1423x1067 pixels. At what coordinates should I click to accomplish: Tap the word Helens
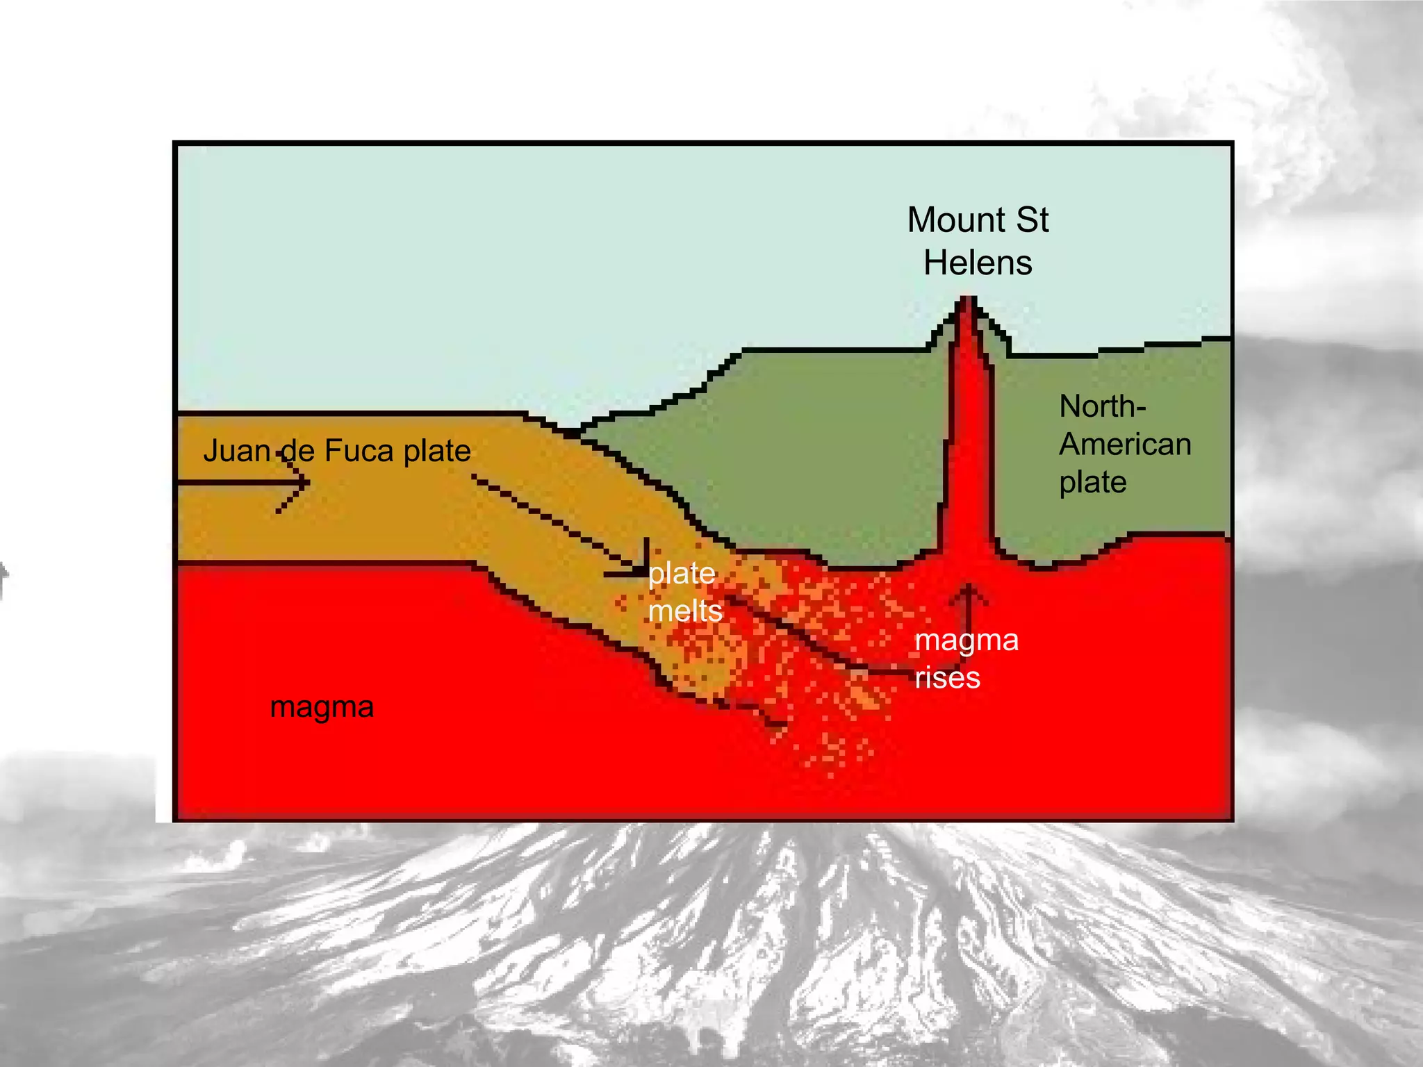pos(978,263)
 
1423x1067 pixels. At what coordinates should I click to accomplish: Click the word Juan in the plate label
pos(236,451)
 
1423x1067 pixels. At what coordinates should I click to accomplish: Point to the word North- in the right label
pos(1102,406)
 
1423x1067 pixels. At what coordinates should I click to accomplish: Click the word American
pos(1125,445)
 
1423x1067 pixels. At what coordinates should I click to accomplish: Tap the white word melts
pos(685,611)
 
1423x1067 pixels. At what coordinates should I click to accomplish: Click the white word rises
pos(947,677)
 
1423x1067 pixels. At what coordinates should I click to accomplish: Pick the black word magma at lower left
pos(322,707)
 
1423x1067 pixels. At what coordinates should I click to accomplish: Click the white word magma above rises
pos(967,640)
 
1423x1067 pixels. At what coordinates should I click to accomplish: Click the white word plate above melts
pos(681,574)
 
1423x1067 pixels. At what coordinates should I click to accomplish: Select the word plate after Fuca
pos(437,451)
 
